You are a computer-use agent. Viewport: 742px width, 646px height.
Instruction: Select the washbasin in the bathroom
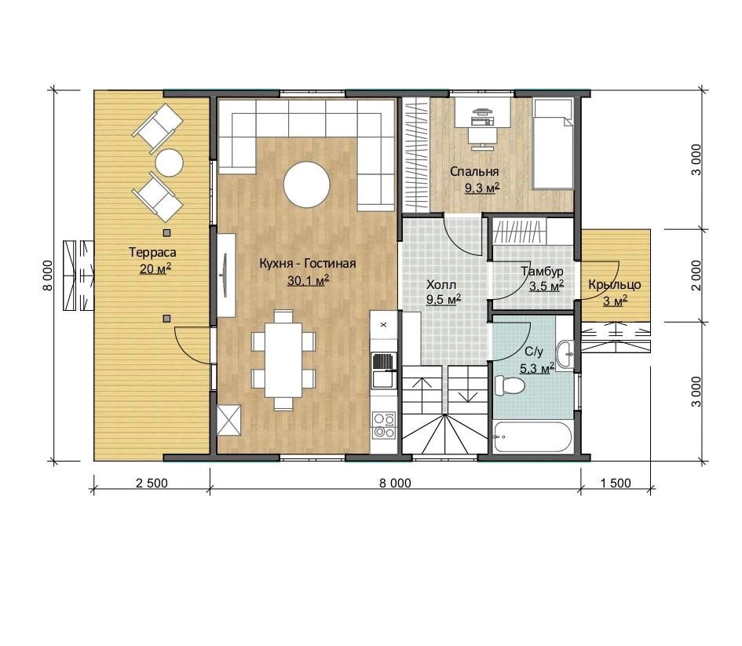click(565, 354)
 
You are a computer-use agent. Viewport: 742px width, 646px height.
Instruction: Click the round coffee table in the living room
click(306, 184)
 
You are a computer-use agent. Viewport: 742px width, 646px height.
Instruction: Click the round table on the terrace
click(170, 162)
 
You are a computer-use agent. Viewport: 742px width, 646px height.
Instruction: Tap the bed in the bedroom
click(554, 144)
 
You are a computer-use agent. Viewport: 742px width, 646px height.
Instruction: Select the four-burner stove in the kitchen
click(384, 425)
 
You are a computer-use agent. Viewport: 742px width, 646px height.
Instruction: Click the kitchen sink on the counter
click(384, 370)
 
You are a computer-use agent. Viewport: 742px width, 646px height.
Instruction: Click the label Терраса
click(152, 253)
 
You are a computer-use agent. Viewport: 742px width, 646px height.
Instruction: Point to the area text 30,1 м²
click(308, 280)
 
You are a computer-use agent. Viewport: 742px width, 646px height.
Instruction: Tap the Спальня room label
click(474, 172)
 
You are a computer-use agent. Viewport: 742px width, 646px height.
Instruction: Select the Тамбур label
click(543, 272)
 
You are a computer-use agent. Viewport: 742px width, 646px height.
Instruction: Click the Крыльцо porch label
click(615, 285)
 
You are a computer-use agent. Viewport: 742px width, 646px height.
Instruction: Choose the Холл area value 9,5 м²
click(444, 299)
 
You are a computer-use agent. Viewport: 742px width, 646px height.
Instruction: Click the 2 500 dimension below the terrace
click(152, 484)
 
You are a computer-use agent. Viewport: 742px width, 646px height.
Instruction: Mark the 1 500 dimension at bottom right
click(616, 484)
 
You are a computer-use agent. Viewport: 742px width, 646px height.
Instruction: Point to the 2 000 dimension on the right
click(696, 276)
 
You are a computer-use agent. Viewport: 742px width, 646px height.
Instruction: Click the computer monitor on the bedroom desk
click(482, 112)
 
